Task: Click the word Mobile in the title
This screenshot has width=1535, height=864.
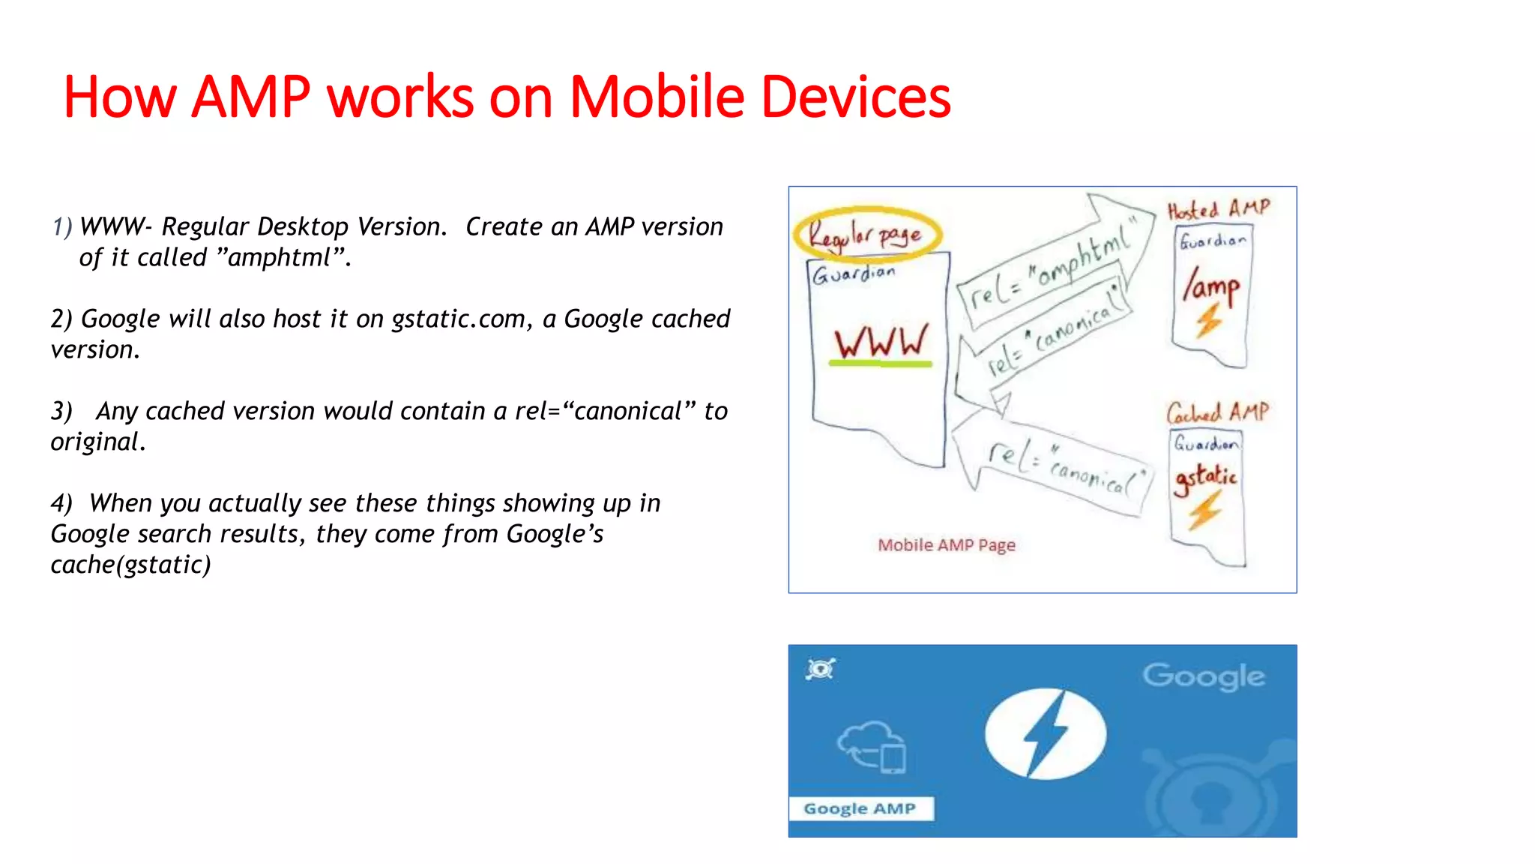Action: [657, 97]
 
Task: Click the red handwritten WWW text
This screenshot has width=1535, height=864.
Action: [881, 342]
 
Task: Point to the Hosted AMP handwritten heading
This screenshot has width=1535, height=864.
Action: [1219, 209]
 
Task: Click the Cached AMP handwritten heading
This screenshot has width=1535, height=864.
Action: [1217, 412]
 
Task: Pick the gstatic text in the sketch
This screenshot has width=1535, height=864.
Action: [1205, 477]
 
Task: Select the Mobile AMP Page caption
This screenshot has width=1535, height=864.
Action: [946, 545]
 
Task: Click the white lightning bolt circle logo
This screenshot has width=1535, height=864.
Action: [1045, 734]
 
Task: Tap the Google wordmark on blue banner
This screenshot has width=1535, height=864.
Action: [1204, 676]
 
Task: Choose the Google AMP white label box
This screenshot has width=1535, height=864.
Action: [860, 808]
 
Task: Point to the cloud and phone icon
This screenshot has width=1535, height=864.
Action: [872, 747]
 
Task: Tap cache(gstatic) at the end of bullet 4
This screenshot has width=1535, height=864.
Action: [130, 565]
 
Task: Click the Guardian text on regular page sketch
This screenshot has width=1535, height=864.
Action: [854, 274]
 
